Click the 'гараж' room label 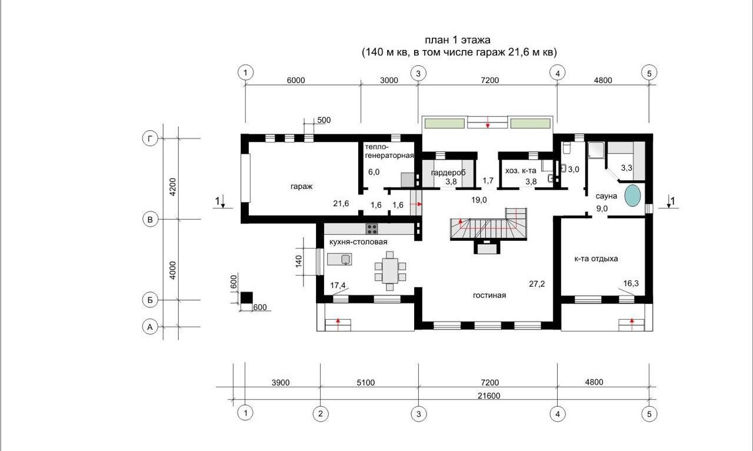point(302,187)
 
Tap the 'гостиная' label point(489,296)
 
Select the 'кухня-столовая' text point(358,241)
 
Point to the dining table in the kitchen point(390,271)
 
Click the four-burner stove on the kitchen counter point(372,229)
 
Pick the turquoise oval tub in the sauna point(632,195)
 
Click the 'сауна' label point(606,196)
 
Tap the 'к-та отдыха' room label point(596,259)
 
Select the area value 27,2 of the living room point(537,284)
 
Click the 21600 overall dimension point(489,396)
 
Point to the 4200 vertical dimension point(172,187)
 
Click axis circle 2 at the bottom point(321,414)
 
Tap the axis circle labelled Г point(150,138)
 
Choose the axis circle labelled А point(150,327)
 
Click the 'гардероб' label point(448,173)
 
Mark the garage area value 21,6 point(341,203)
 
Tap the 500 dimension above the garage point(324,120)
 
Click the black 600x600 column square point(246,297)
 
